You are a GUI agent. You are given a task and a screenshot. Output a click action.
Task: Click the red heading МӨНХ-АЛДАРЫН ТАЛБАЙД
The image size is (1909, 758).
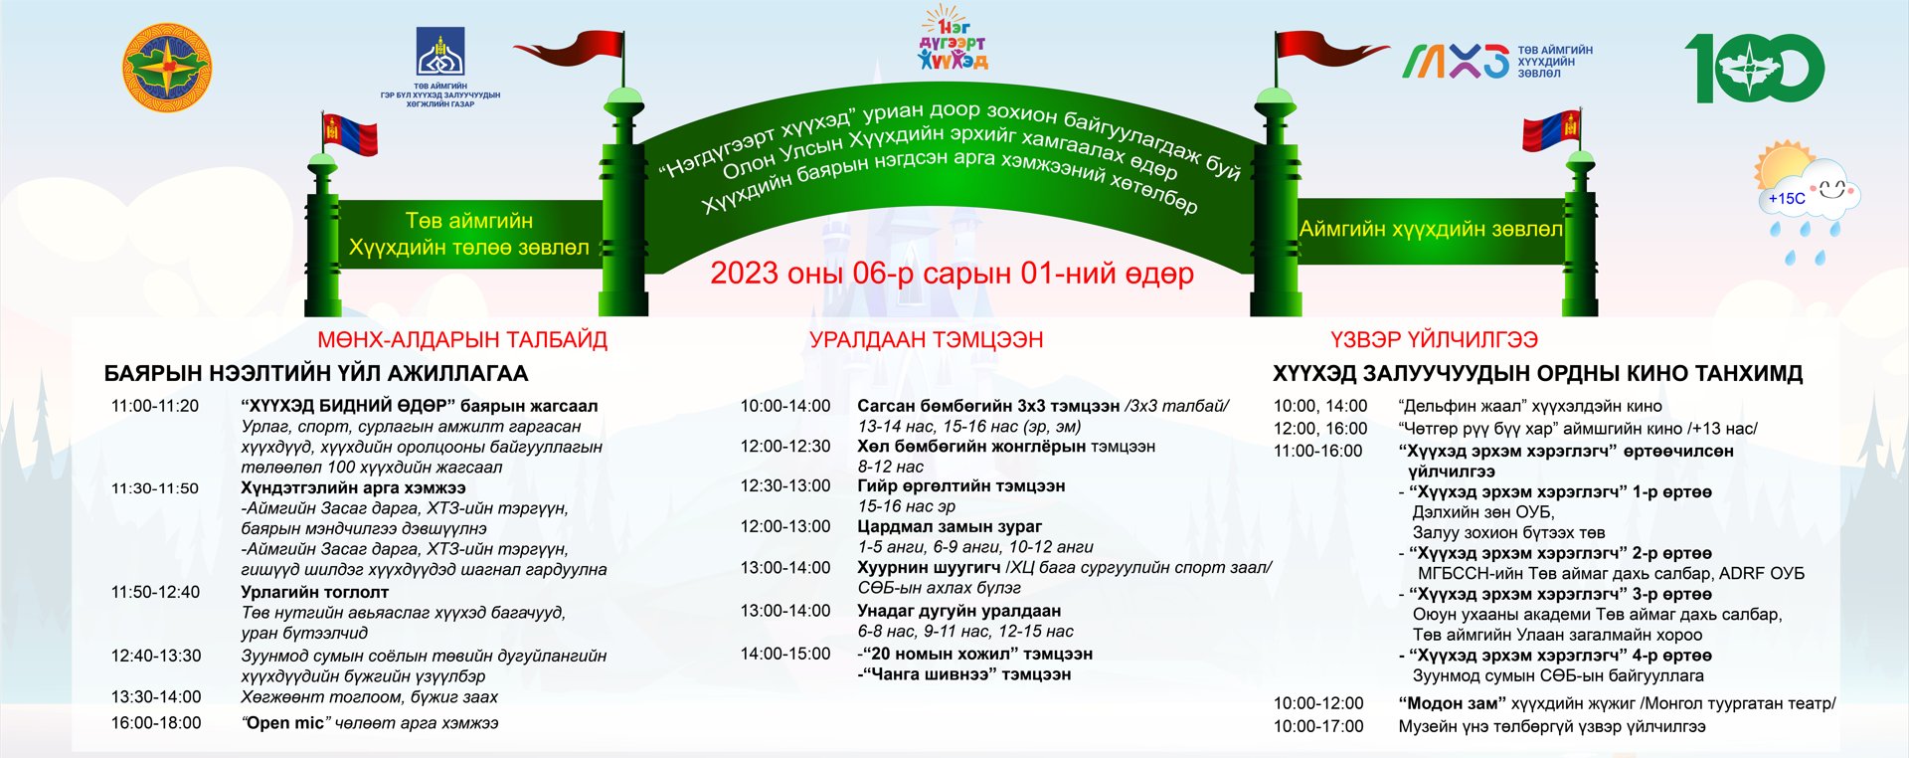tap(462, 339)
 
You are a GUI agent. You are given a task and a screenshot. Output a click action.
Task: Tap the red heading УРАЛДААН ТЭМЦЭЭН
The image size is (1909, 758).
tap(926, 339)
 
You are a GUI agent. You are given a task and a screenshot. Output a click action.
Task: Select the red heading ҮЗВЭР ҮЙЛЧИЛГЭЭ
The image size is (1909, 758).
tap(1434, 339)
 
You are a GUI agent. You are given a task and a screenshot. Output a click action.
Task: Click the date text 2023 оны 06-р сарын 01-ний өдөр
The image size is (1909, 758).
tap(952, 274)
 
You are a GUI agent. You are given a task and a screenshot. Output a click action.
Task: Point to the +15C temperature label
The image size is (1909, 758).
tap(1787, 199)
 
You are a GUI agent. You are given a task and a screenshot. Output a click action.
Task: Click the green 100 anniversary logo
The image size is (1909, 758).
tap(1754, 69)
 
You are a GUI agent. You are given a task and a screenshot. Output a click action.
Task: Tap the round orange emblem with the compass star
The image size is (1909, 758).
tap(167, 68)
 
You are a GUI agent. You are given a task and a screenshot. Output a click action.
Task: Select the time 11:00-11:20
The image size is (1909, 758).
tap(155, 406)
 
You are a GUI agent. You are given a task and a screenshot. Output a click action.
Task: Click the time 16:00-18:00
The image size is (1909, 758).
tap(156, 723)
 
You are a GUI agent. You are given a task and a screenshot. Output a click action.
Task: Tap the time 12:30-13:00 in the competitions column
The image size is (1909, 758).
tap(785, 486)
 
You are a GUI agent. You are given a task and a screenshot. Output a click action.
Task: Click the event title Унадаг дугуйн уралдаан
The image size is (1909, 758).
tap(959, 611)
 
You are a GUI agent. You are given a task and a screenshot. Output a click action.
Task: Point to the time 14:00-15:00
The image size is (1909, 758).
tap(785, 654)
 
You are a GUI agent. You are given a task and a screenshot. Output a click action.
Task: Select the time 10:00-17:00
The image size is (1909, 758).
tap(1318, 726)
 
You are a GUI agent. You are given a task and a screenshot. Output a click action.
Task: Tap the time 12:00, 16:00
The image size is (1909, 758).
tap(1320, 429)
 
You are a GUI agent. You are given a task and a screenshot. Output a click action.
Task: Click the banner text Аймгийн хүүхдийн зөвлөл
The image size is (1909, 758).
tap(1431, 229)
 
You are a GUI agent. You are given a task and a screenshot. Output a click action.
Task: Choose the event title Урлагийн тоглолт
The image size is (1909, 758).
tap(315, 592)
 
